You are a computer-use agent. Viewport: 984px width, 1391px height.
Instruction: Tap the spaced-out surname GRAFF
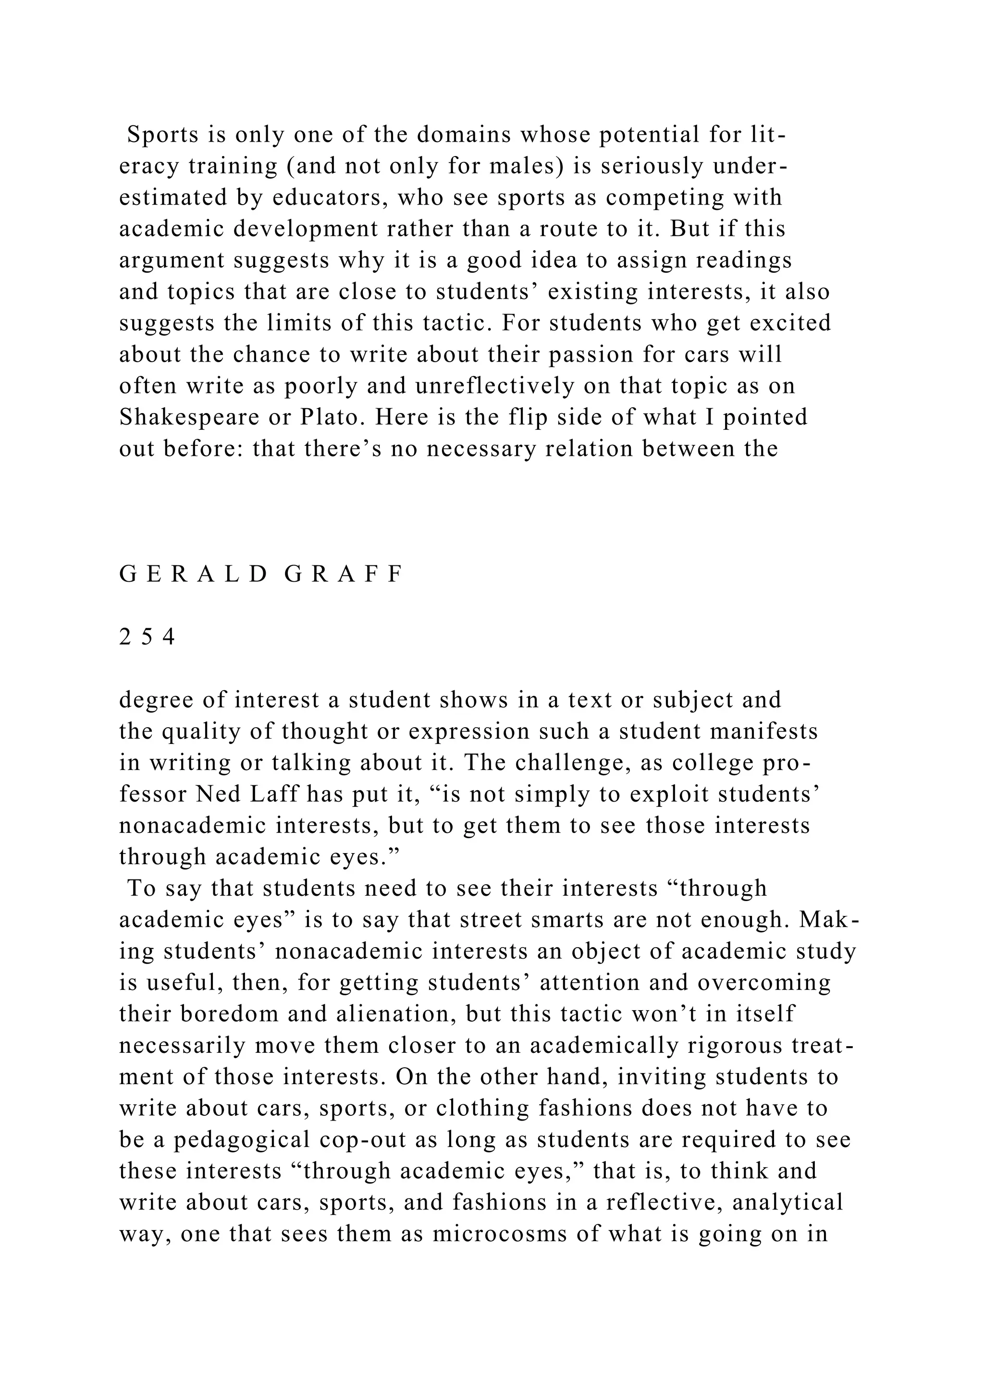343,574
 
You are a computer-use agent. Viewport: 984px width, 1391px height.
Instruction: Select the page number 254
147,637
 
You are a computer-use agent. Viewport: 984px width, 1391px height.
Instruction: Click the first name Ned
218,794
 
